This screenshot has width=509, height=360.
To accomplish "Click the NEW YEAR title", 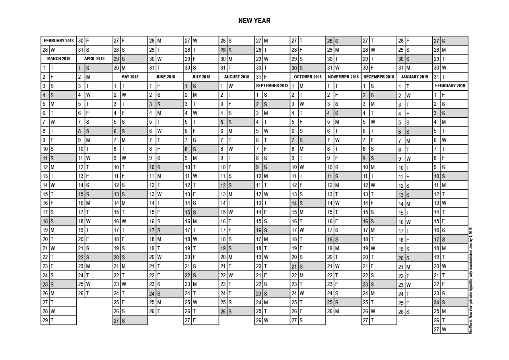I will pyautogui.click(x=254, y=21).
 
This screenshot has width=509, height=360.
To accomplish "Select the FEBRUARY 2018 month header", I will pyautogui.click(x=59, y=41).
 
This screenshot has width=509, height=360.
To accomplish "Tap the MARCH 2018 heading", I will pyautogui.click(x=59, y=58).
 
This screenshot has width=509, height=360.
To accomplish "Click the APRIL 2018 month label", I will pyautogui.click(x=94, y=58).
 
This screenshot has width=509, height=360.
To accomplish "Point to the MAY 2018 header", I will pyautogui.click(x=130, y=77).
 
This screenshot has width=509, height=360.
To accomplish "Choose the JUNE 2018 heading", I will pyautogui.click(x=165, y=77).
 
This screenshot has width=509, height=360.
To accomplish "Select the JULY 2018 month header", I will pyautogui.click(x=201, y=77).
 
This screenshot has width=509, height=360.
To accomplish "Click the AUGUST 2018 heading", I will pyautogui.click(x=237, y=77).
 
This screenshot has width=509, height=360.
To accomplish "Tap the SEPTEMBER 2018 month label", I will pyautogui.click(x=272, y=86).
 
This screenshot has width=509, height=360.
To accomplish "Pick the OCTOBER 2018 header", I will pyautogui.click(x=307, y=77).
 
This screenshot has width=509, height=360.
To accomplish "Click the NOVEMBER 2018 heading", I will pyautogui.click(x=343, y=77).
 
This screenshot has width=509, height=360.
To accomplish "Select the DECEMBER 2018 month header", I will pyautogui.click(x=379, y=77).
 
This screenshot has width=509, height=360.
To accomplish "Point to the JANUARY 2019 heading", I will pyautogui.click(x=414, y=77).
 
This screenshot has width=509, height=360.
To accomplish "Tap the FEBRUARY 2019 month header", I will pyautogui.click(x=450, y=86).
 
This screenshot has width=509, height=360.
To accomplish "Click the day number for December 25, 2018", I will pyautogui.click(x=365, y=302).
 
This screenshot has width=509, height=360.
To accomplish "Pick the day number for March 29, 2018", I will pyautogui.click(x=45, y=320).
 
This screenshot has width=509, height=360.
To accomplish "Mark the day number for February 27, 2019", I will pyautogui.click(x=436, y=329).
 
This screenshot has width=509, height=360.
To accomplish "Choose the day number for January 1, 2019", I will pyautogui.click(x=401, y=86).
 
